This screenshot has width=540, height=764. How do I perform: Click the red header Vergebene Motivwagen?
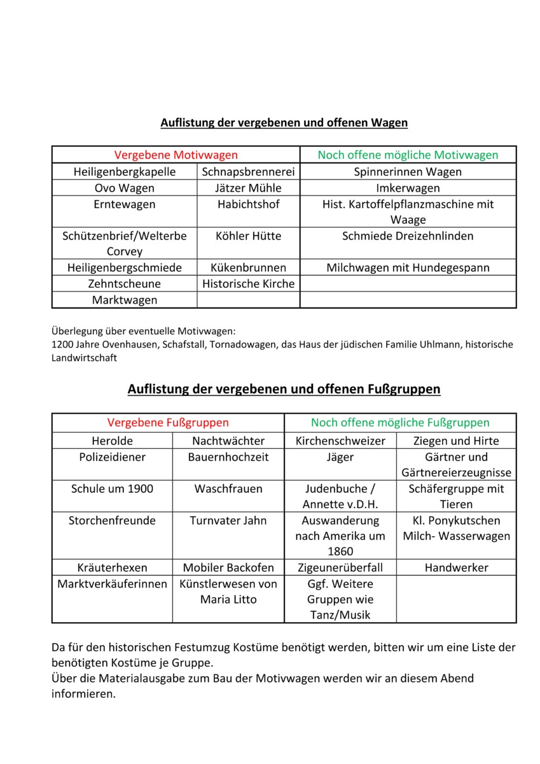tap(176, 155)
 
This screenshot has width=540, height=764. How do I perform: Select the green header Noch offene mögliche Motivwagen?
tap(408, 155)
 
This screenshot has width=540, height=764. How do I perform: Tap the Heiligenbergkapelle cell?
tap(125, 172)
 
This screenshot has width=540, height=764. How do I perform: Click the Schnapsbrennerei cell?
tap(249, 172)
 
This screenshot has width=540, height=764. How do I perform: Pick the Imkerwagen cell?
tap(408, 188)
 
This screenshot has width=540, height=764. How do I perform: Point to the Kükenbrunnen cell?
tap(249, 267)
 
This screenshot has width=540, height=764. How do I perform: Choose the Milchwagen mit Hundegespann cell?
tap(408, 267)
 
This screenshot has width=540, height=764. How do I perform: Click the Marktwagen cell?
tap(125, 300)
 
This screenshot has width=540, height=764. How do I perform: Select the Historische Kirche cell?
tap(249, 283)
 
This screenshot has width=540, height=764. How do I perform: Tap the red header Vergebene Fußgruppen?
tap(168, 422)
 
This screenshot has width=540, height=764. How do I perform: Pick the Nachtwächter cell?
tap(228, 441)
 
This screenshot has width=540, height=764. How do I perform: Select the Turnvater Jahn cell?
tap(228, 520)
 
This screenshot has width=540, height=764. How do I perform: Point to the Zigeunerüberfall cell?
tap(340, 567)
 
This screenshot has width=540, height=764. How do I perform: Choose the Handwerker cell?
tap(456, 567)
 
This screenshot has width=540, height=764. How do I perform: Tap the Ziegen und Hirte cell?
tap(456, 441)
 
